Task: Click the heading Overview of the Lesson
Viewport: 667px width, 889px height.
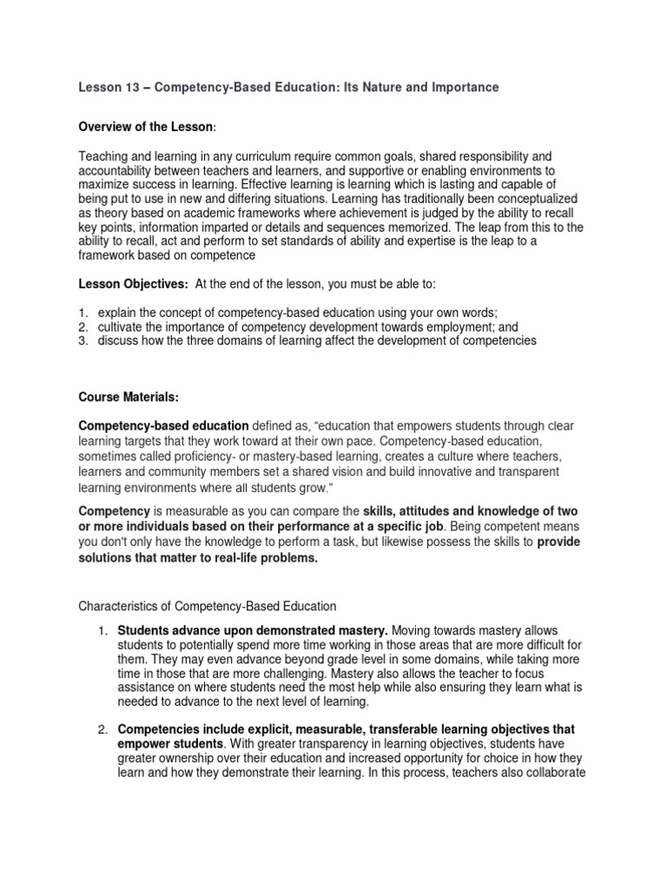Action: [145, 128]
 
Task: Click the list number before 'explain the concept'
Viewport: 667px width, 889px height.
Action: [83, 313]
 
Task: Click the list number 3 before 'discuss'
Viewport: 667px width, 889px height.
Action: [83, 340]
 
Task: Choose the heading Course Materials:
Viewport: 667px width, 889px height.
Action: [129, 397]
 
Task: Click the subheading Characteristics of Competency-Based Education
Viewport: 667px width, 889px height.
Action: [208, 605]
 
